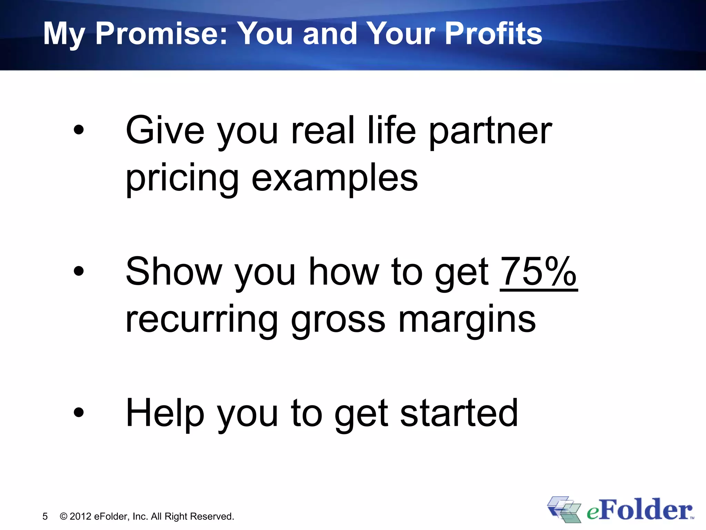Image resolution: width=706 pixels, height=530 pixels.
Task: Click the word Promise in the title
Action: point(161,33)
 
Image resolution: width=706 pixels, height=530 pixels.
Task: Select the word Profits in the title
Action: point(494,33)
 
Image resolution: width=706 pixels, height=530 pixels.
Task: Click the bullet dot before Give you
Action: point(79,130)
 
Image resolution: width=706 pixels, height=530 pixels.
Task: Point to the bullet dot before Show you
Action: point(79,271)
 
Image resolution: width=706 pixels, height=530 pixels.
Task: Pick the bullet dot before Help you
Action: point(79,412)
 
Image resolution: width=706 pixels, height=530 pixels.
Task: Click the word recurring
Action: point(202,320)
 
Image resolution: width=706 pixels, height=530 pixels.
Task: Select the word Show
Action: point(174,272)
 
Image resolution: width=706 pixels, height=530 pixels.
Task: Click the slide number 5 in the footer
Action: point(45,516)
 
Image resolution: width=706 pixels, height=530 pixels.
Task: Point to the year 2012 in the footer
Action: point(80,516)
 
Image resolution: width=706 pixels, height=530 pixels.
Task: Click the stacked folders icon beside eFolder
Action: point(564,509)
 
